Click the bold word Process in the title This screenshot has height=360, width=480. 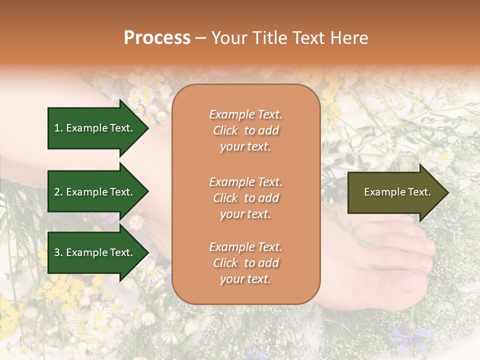coord(157,38)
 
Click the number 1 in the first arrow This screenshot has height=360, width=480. coord(57,128)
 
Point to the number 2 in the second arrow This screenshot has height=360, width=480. coord(57,192)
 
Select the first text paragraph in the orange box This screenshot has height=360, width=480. coord(245,130)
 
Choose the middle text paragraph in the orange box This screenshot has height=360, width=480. coord(245,198)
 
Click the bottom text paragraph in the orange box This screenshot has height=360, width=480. coord(245,263)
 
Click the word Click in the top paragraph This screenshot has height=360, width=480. coord(225,130)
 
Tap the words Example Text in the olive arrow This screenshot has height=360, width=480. coord(397,192)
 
